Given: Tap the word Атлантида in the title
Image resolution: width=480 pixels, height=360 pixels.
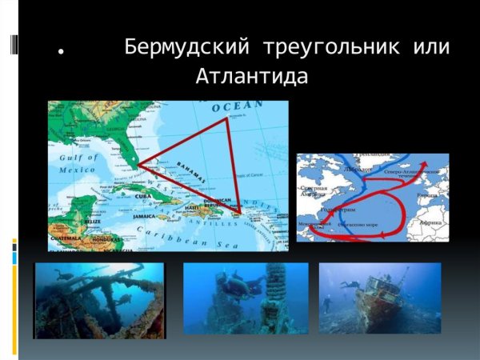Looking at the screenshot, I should point(251,78).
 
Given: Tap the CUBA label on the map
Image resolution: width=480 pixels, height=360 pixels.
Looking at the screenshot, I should point(143,194).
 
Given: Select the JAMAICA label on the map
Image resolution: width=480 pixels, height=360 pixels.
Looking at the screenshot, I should point(145,216).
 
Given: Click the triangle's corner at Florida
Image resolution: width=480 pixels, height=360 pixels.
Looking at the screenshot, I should point(138,164).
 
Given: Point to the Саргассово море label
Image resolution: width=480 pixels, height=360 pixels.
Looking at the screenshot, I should point(363,226).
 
